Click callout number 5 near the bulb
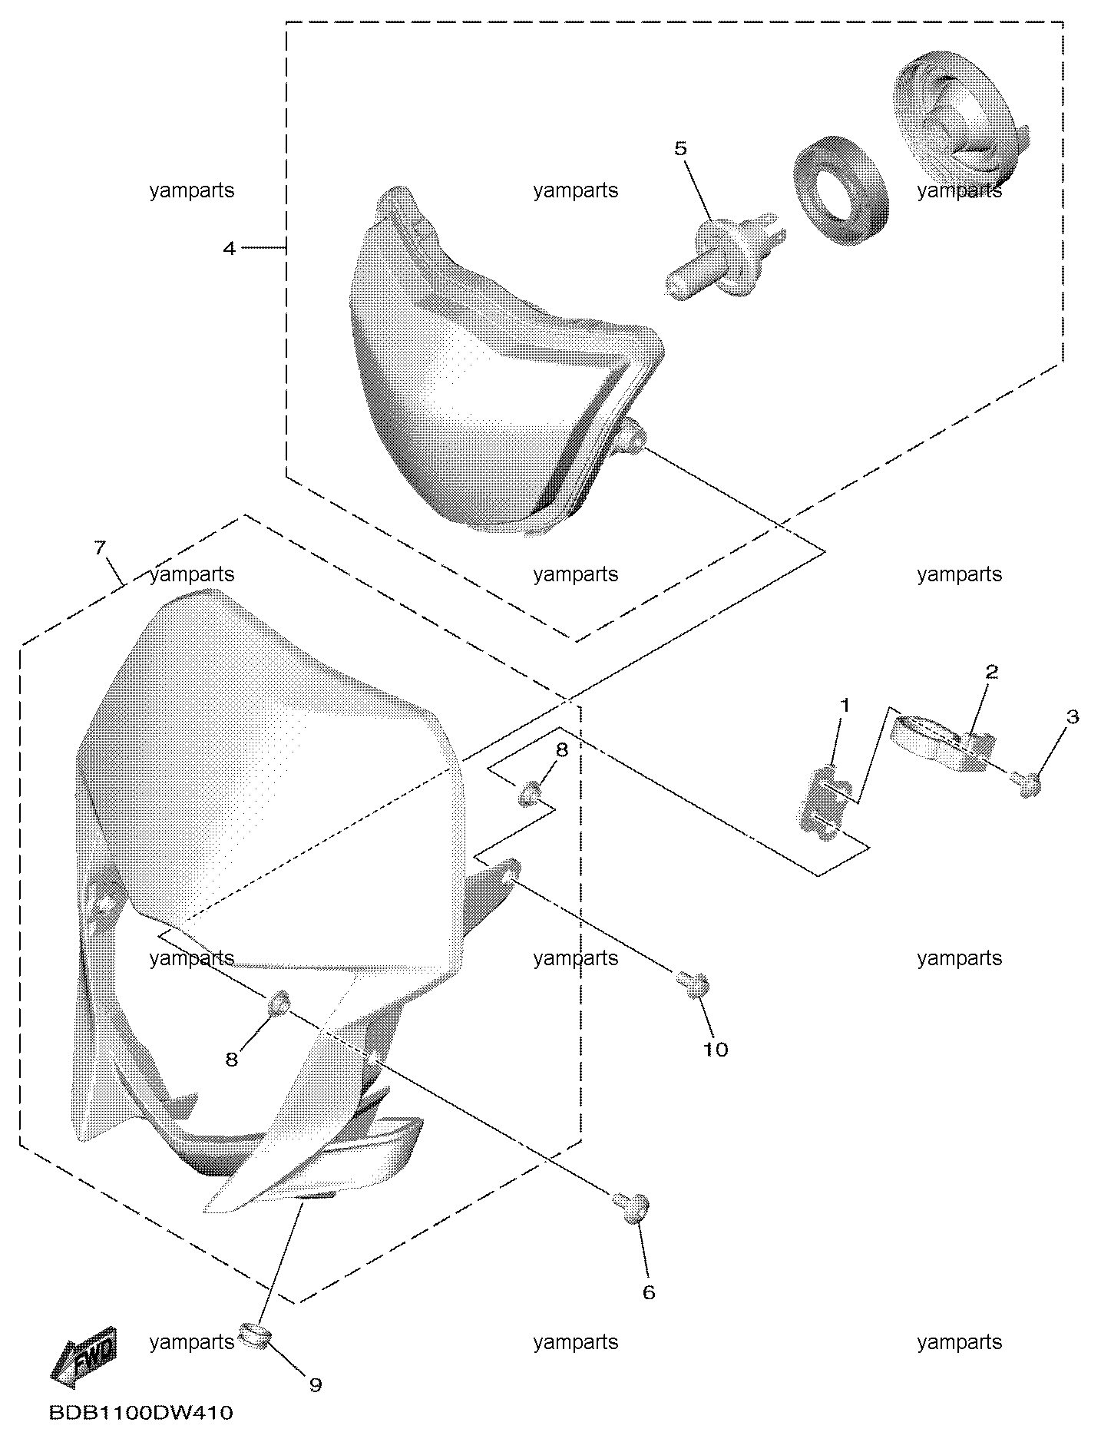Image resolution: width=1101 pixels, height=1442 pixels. click(x=681, y=148)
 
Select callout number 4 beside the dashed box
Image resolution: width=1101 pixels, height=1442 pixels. click(x=229, y=248)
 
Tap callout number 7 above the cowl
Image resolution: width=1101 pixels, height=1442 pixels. click(x=100, y=547)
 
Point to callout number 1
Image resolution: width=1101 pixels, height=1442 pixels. click(x=845, y=705)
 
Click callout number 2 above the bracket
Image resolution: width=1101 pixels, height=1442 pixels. click(x=992, y=672)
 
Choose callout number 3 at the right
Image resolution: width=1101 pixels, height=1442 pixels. click(x=1073, y=716)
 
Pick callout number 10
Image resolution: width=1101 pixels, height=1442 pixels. click(x=716, y=1049)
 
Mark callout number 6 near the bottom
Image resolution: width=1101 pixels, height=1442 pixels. click(x=649, y=1292)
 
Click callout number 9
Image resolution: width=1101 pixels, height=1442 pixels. click(x=315, y=1384)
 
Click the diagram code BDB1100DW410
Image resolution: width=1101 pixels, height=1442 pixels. click(x=141, y=1412)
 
